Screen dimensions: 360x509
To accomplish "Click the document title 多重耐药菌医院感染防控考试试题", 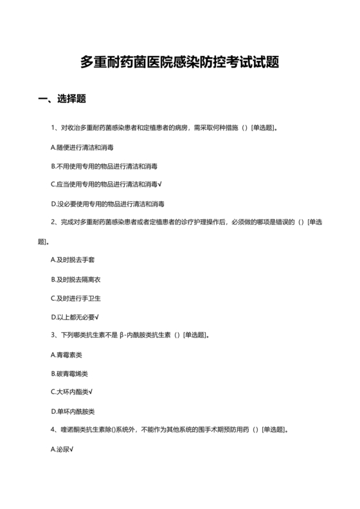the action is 179,62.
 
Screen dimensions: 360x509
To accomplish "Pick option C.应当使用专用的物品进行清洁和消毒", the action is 105,184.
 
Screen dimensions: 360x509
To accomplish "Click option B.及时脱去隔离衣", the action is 76,280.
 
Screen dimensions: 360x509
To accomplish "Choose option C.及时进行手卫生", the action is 76,298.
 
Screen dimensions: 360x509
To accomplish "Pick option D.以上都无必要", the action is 75,317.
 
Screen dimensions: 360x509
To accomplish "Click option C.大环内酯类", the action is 71,392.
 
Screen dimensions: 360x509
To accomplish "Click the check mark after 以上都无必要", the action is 96,317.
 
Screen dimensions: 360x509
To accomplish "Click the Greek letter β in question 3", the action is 121,336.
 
